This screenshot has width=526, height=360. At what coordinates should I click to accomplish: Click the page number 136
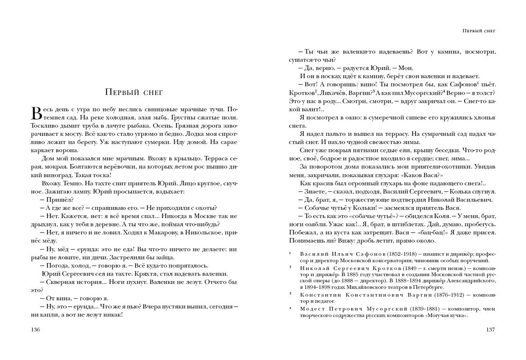[33, 330]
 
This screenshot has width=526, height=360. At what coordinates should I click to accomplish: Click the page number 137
[490, 330]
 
